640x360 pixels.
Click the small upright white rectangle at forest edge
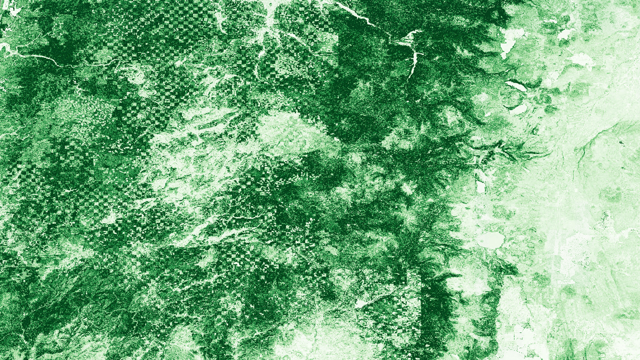point(481,187)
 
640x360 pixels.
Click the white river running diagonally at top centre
point(357,15)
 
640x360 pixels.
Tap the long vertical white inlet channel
point(413,63)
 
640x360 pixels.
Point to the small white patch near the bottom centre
point(361,304)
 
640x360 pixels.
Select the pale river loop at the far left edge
point(5,48)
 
